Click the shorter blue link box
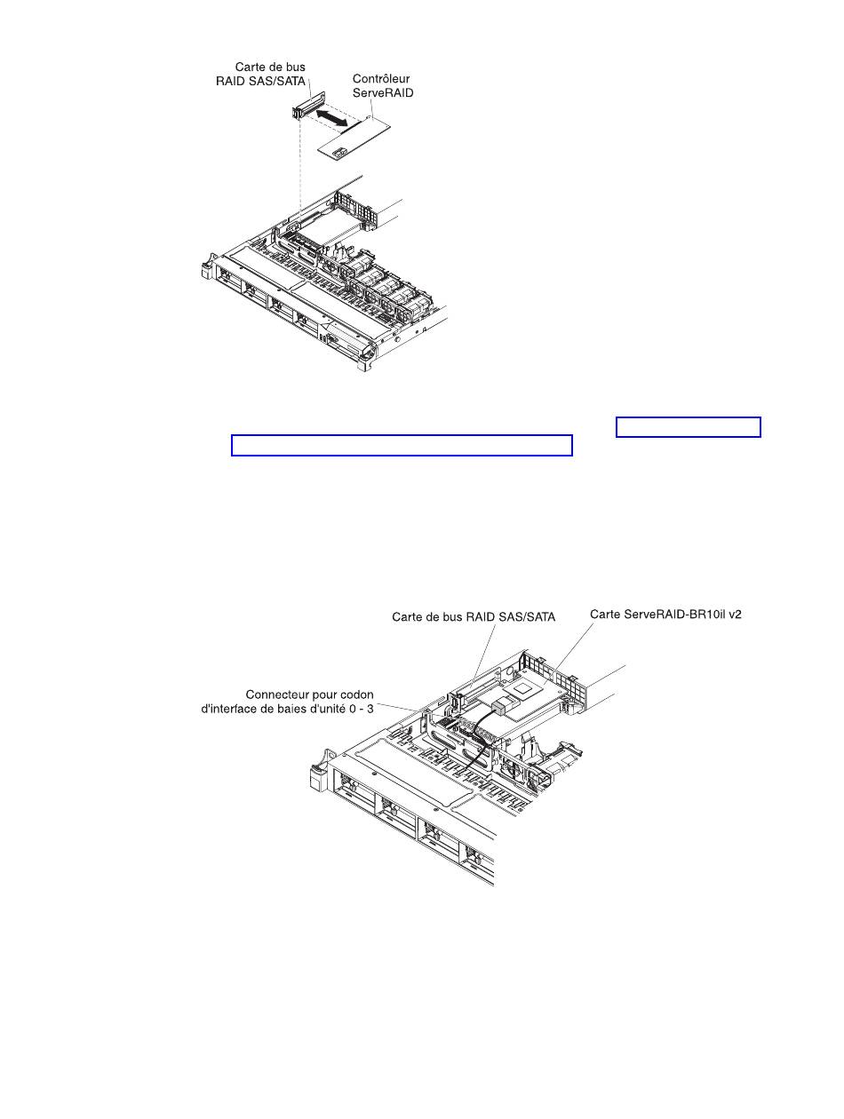[689, 427]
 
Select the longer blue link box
[401, 445]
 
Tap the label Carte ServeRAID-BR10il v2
[666, 615]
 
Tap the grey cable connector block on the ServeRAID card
[503, 707]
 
